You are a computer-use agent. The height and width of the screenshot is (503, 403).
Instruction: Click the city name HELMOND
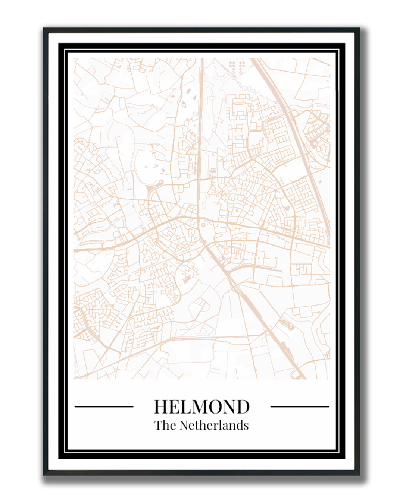pyautogui.click(x=201, y=406)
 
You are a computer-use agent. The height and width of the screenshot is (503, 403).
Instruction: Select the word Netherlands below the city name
pyautogui.click(x=214, y=425)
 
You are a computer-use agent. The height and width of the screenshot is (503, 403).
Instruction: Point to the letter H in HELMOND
pyautogui.click(x=162, y=407)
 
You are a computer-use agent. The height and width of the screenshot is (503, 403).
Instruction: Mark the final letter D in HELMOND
pyautogui.click(x=243, y=407)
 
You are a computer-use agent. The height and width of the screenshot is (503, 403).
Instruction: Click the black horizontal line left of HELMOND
pyautogui.click(x=104, y=406)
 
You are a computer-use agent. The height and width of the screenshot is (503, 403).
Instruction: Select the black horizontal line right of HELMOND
pyautogui.click(x=300, y=406)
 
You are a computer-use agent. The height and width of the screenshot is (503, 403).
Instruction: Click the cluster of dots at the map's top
pyautogui.click(x=237, y=66)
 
